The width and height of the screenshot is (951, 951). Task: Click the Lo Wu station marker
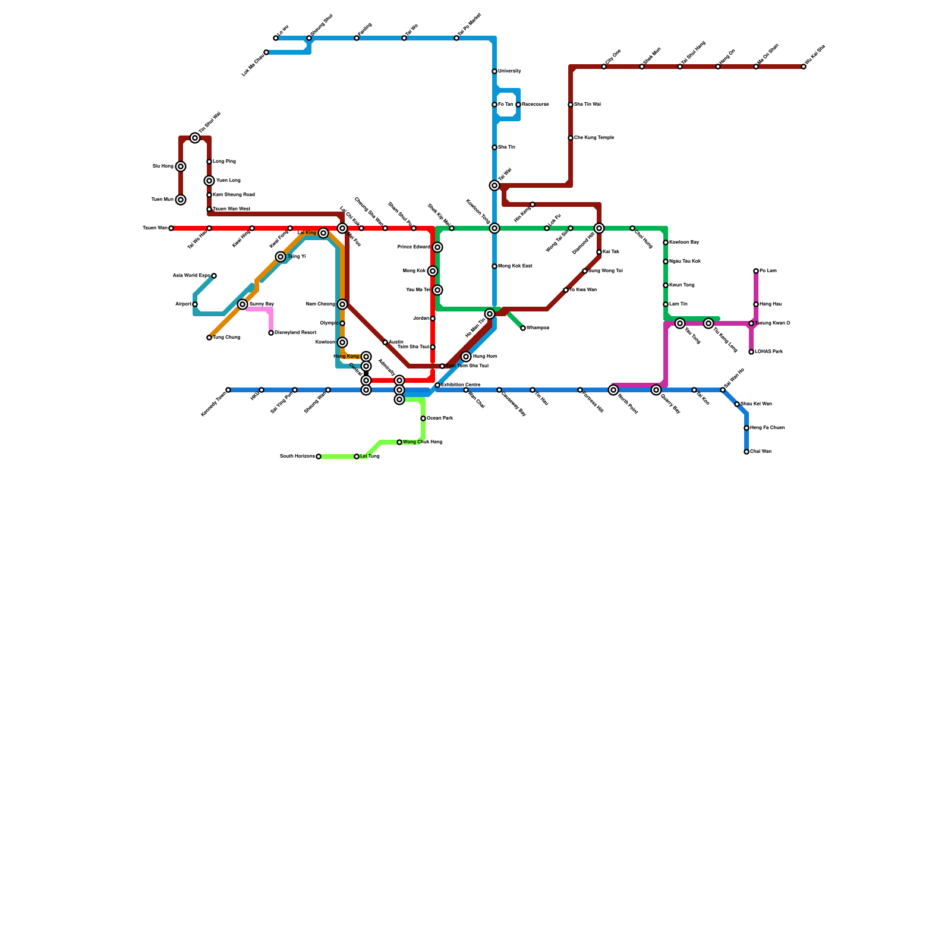[276, 38]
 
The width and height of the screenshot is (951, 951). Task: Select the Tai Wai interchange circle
[495, 185]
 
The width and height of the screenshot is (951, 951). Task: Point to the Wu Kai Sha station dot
[804, 67]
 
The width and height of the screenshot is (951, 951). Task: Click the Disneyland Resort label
[295, 333]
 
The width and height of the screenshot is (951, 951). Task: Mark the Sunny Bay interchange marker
[243, 304]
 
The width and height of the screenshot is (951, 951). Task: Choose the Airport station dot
[195, 304]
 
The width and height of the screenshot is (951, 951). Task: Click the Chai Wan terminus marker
[747, 452]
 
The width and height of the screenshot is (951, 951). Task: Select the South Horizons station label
[297, 456]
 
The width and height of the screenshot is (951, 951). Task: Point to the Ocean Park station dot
[423, 418]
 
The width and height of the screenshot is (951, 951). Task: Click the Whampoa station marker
[523, 328]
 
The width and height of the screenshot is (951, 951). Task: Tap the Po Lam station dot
[756, 271]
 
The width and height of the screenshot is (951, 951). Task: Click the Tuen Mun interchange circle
[181, 200]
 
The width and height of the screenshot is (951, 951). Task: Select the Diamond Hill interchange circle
[599, 228]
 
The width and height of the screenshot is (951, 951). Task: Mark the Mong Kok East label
[515, 266]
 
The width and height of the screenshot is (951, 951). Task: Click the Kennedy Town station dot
[228, 390]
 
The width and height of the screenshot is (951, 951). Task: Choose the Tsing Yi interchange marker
[281, 257]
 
